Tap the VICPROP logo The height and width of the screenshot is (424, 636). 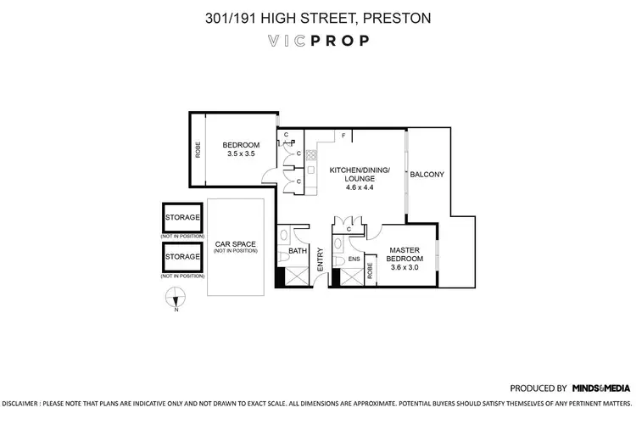click(x=318, y=40)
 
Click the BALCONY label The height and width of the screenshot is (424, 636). click(x=427, y=174)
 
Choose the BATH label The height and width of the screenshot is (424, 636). click(x=296, y=251)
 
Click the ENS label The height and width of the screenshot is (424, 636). click(x=354, y=259)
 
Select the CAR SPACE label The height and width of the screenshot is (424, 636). click(x=235, y=245)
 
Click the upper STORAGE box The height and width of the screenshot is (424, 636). click(x=182, y=218)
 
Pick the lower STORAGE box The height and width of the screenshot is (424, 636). click(x=182, y=256)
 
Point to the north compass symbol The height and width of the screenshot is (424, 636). click(x=176, y=298)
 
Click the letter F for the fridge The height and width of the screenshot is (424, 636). click(x=343, y=136)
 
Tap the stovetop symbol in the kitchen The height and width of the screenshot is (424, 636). click(x=311, y=155)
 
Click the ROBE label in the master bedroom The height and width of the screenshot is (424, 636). click(x=370, y=271)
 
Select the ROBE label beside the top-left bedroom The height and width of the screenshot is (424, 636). click(x=198, y=149)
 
